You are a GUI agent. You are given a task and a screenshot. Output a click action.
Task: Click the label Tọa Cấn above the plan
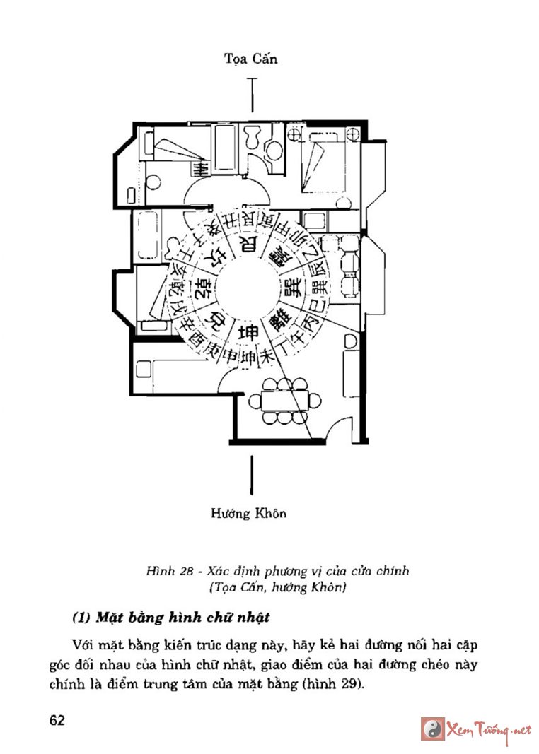click(x=250, y=59)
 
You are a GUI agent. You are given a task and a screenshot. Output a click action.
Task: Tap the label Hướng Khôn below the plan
click(x=248, y=513)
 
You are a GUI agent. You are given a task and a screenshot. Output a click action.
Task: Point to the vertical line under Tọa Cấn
click(x=251, y=95)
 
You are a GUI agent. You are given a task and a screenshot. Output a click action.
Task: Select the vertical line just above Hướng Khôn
click(x=250, y=474)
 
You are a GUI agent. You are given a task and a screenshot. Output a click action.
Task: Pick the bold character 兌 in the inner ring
click(x=216, y=321)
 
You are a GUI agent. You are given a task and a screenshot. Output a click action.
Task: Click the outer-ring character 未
click(x=268, y=351)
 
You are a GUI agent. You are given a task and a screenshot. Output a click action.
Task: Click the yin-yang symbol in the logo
click(x=432, y=729)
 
